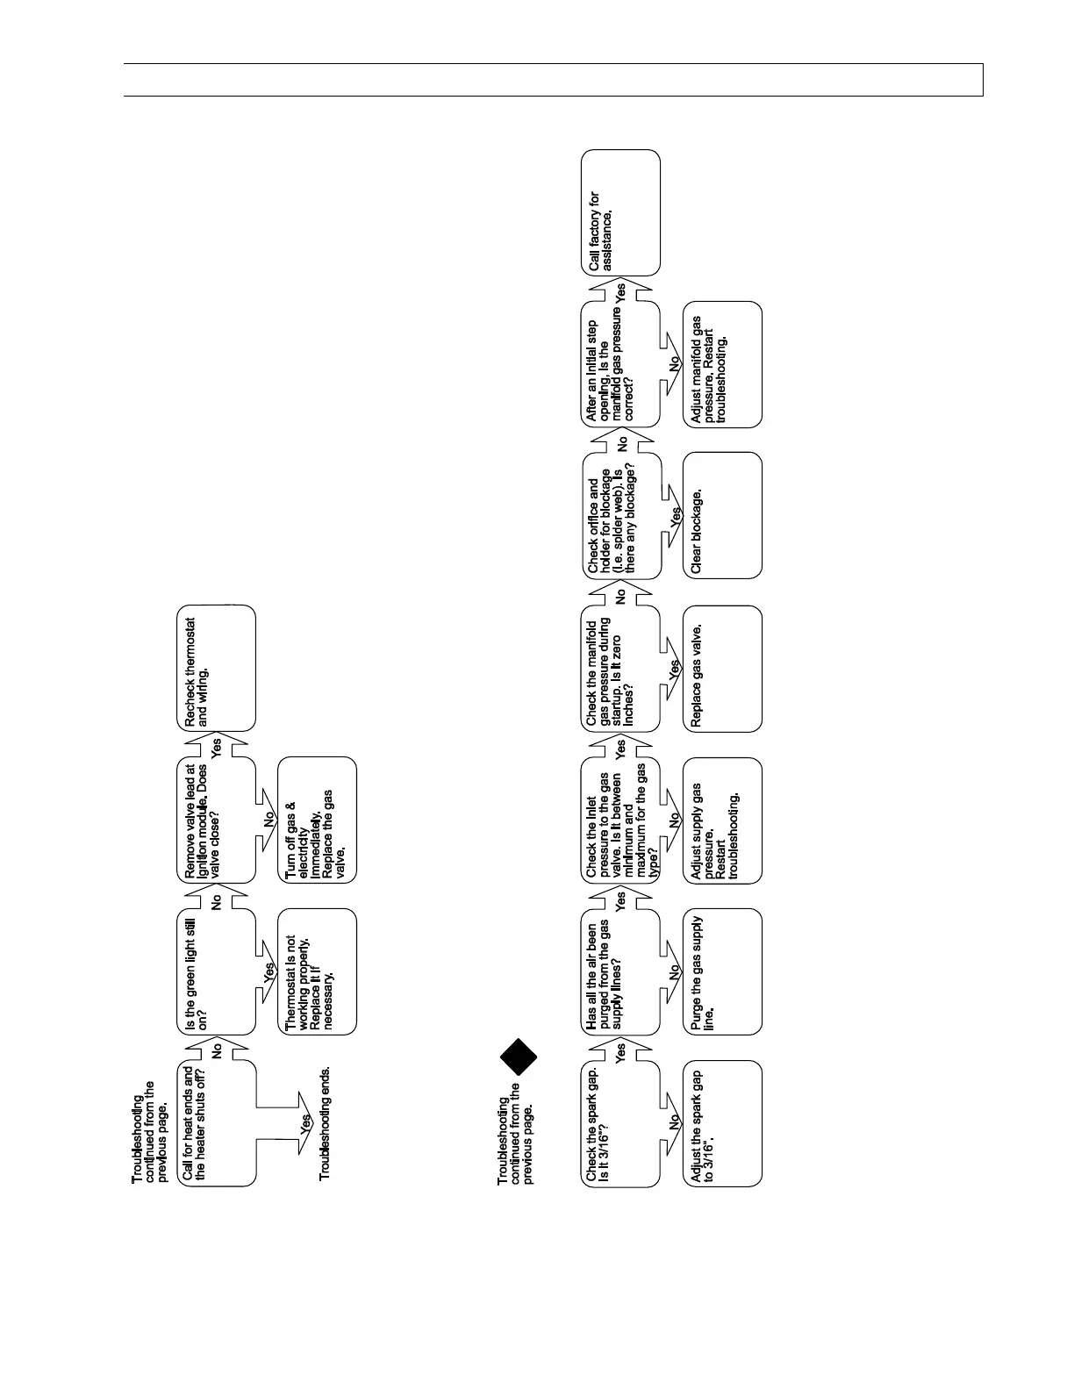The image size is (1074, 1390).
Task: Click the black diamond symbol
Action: pos(519,1057)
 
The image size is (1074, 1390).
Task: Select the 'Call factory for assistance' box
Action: pos(621,212)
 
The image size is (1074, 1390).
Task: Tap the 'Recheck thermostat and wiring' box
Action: pos(218,669)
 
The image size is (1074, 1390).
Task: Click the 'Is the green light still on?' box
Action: pos(218,971)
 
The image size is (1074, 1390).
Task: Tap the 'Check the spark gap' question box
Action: pos(621,1124)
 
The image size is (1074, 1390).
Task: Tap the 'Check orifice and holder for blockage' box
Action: pos(621,515)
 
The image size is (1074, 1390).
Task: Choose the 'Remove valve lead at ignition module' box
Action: pos(218,820)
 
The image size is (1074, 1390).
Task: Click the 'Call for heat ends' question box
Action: pos(218,1124)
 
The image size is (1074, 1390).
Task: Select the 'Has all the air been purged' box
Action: pos(621,971)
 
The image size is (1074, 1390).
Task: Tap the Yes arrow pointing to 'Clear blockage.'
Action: pos(674,517)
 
